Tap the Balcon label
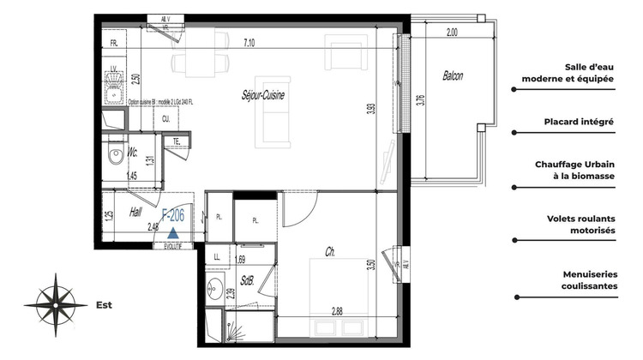(x=453, y=75)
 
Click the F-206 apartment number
(x=174, y=214)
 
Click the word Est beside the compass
(x=104, y=304)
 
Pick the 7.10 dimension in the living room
(x=250, y=41)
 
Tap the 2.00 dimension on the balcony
(x=452, y=32)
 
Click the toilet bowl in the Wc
(x=114, y=157)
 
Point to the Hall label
(x=136, y=211)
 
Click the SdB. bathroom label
(x=248, y=279)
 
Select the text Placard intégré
(x=579, y=122)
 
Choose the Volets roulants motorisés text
(x=579, y=225)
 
